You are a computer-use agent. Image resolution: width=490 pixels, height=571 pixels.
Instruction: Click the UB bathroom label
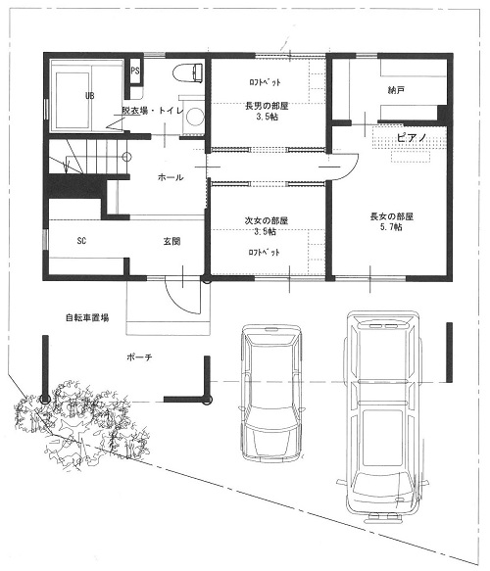(x=89, y=96)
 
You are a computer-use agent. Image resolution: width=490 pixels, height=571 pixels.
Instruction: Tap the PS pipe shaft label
(x=135, y=71)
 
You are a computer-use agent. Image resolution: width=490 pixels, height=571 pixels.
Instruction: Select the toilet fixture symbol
(x=187, y=73)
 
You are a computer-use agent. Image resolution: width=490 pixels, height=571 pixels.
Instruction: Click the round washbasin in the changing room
(x=193, y=117)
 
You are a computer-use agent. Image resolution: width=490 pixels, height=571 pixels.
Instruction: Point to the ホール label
(x=171, y=177)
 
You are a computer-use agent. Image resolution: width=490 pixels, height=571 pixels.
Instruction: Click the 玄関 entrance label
(x=171, y=241)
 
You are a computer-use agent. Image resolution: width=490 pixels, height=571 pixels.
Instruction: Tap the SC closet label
(x=81, y=241)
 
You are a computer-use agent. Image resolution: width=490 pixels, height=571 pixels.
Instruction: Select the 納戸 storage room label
(x=396, y=89)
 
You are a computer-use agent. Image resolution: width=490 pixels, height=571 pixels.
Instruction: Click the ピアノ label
(x=412, y=138)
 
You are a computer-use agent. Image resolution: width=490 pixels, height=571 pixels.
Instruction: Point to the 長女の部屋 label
(x=392, y=216)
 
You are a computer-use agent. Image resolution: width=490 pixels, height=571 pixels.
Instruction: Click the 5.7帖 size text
(x=391, y=227)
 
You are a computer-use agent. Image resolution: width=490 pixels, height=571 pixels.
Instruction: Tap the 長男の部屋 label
(x=267, y=107)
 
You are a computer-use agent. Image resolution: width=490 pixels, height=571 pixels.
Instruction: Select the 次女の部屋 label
(x=267, y=220)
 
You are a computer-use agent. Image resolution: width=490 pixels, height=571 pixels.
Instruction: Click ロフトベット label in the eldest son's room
(x=265, y=82)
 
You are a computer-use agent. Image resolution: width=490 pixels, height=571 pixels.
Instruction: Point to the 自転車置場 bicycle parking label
(x=87, y=317)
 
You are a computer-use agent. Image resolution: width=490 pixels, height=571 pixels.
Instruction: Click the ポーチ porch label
(x=139, y=357)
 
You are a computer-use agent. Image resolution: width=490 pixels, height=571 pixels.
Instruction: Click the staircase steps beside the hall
(x=87, y=158)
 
